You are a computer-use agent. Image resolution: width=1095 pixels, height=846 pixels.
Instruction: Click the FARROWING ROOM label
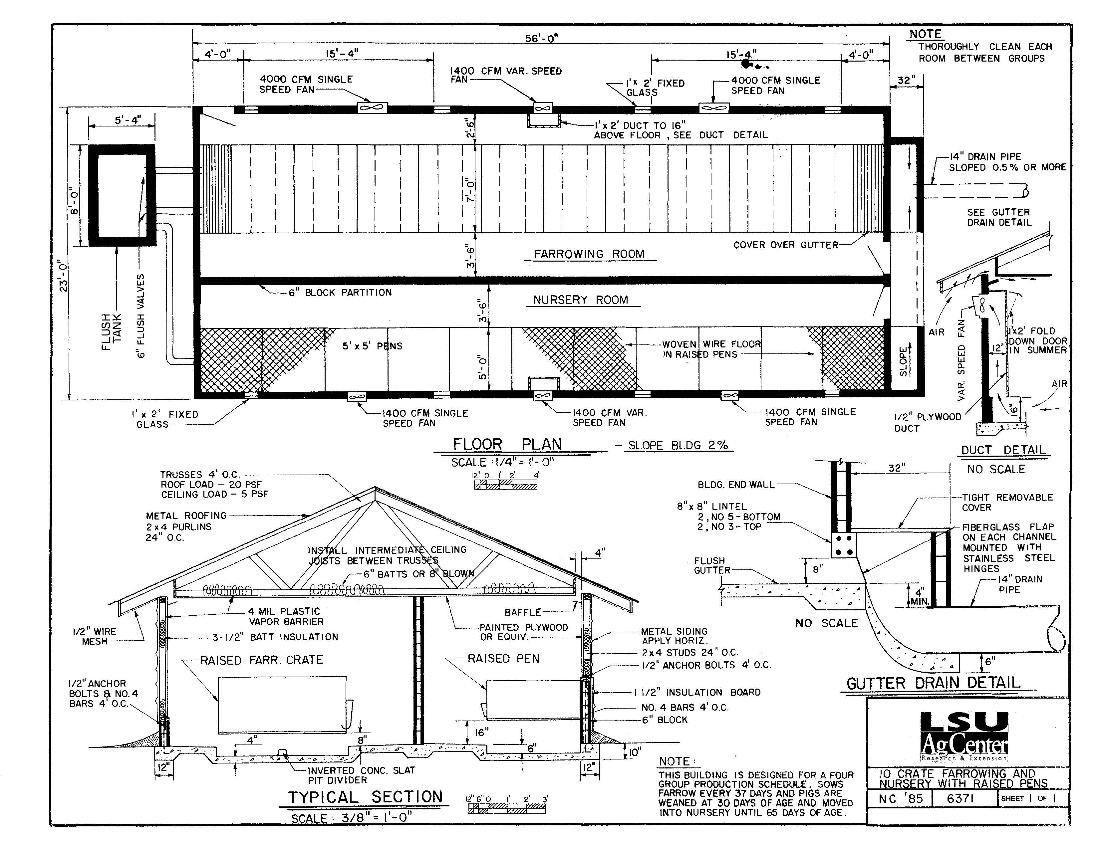click(589, 254)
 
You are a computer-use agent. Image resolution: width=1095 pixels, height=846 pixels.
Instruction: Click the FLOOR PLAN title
click(507, 444)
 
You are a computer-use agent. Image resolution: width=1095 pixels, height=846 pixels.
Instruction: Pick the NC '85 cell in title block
click(901, 798)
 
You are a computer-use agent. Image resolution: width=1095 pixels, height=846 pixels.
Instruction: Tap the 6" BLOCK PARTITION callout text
click(340, 293)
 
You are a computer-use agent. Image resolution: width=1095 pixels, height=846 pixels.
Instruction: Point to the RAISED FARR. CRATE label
click(262, 660)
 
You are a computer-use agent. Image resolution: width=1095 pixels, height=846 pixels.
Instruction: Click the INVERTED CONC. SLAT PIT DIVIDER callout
click(362, 775)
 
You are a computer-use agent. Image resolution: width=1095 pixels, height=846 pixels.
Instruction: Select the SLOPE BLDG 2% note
click(678, 445)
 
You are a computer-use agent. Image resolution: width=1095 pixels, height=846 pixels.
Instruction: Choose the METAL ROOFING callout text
click(186, 516)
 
